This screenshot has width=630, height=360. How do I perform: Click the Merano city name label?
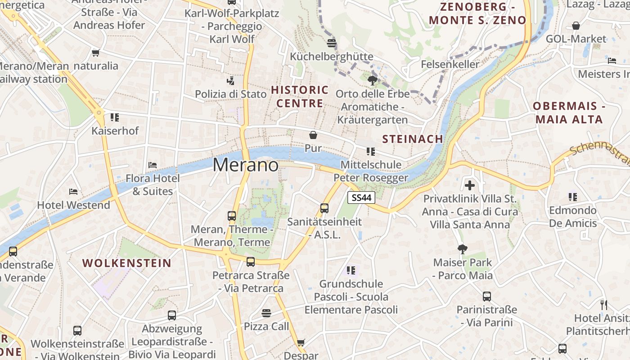pos(246,165)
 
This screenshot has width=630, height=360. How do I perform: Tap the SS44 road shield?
pos(361,198)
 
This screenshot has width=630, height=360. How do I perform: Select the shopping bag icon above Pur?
pos(313,135)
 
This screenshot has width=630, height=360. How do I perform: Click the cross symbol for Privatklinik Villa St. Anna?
pos(470,185)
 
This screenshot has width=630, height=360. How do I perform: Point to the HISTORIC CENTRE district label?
pos(300,97)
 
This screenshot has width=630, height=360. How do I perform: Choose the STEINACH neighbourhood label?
pos(413,139)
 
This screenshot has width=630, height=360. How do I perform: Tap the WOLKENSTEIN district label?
pos(127,263)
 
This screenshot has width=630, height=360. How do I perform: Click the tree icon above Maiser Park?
pos(462,249)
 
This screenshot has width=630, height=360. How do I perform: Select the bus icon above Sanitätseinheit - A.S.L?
pos(324,208)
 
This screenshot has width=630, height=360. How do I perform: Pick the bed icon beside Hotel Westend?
pos(73,192)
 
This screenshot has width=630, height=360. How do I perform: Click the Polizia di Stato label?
pos(230,94)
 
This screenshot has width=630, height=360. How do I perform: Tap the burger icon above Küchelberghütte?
pos(332,43)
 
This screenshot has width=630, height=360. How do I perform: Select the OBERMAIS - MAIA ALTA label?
pos(568,113)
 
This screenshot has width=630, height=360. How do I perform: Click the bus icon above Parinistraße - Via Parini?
pos(486,296)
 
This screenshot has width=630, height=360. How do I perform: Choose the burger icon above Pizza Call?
pos(266,313)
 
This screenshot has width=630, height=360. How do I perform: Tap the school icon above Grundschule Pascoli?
pos(351,270)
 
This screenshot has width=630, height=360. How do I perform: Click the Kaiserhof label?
pos(115,131)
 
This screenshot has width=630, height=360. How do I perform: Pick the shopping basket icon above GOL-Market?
pos(576,26)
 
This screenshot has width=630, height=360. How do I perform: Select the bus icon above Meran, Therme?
pos(232,216)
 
